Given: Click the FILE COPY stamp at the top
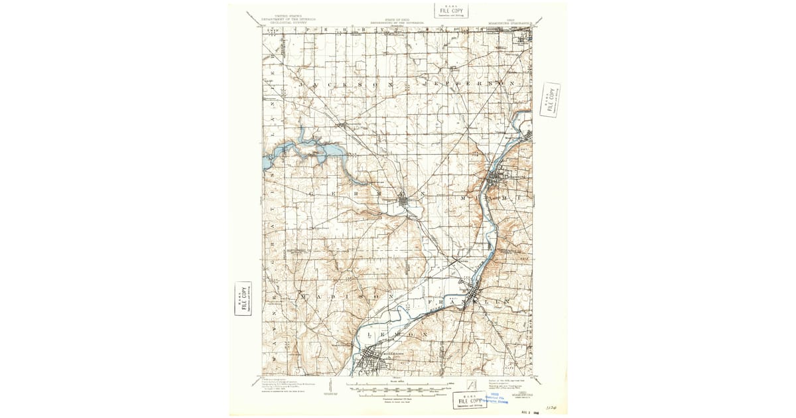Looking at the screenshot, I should [452, 11].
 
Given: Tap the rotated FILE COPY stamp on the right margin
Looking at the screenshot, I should [550, 100].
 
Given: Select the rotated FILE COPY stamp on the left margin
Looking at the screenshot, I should [243, 299].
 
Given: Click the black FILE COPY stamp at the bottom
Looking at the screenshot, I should [469, 400].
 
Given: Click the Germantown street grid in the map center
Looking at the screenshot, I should [405, 200].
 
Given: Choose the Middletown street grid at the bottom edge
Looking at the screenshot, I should [371, 362].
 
